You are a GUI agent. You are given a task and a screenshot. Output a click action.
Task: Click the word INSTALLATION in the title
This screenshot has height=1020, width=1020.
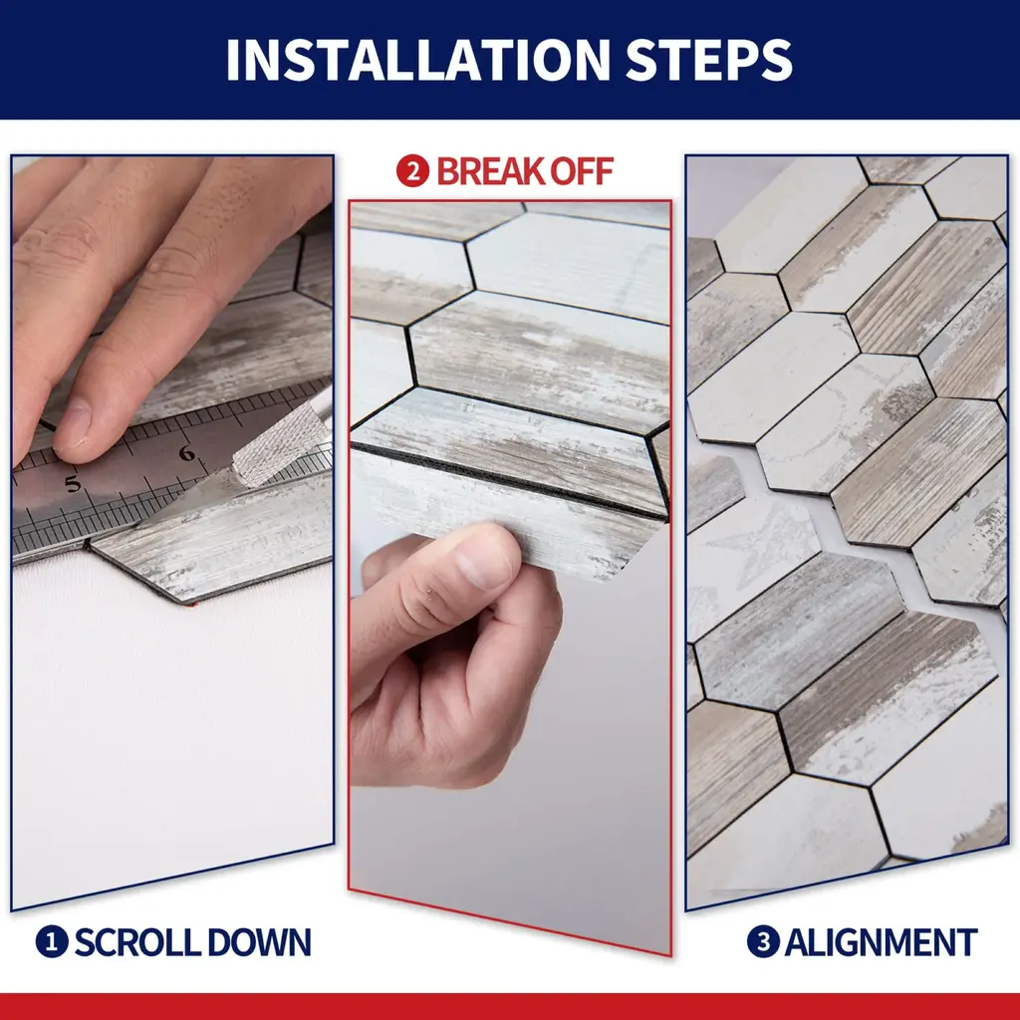coord(417,60)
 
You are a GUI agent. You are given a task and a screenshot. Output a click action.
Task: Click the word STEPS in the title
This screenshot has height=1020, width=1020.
coord(709,60)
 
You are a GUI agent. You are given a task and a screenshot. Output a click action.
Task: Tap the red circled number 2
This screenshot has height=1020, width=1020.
coord(412,171)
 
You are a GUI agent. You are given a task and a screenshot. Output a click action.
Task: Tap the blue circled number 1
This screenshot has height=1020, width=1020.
coord(52,941)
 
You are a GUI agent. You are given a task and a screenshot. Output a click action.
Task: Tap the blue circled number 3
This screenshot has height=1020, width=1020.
coord(763,941)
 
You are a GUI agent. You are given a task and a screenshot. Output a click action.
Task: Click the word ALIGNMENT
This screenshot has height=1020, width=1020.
coord(882,942)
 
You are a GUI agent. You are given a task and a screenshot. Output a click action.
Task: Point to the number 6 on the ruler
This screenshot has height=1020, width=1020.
coord(187,453)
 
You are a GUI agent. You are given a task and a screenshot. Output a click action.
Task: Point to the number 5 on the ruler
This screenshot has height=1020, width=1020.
coord(73,483)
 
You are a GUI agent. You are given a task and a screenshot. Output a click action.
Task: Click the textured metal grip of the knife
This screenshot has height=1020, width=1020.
coord(281,442)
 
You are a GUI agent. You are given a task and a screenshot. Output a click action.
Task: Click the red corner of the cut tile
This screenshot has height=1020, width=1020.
coord(190,605)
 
